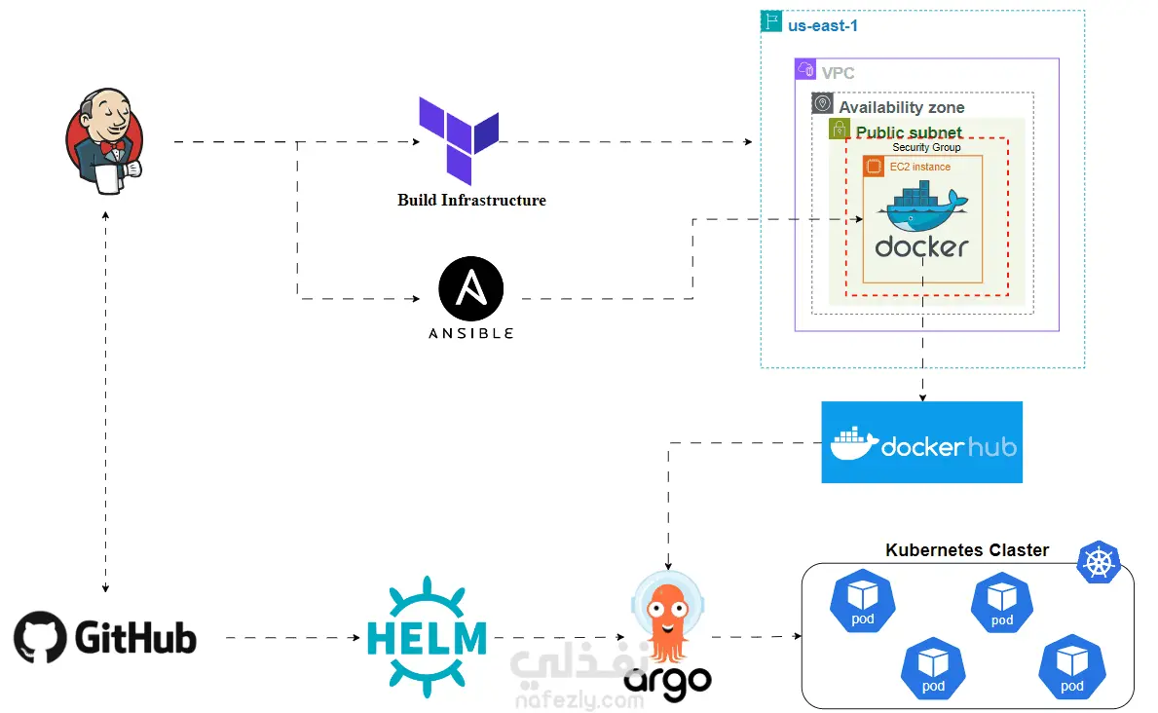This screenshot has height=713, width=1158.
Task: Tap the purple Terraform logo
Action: (x=459, y=138)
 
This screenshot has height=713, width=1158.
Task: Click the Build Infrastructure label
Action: (x=471, y=200)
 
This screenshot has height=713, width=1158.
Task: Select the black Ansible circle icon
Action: (x=471, y=289)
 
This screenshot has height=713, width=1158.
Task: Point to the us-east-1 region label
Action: (x=822, y=24)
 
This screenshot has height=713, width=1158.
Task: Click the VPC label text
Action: (x=838, y=73)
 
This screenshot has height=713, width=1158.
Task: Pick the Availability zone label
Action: (x=902, y=107)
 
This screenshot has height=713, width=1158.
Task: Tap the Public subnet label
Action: (x=909, y=132)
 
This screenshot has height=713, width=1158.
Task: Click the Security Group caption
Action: (x=926, y=148)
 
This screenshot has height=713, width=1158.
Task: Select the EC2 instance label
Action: (x=919, y=167)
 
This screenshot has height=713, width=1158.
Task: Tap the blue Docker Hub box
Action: (x=922, y=442)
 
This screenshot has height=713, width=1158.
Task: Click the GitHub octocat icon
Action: (x=39, y=638)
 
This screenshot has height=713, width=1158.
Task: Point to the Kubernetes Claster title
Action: (x=967, y=550)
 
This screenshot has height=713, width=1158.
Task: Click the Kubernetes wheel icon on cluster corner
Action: (x=1099, y=562)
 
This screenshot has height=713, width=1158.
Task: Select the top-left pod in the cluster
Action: (x=862, y=599)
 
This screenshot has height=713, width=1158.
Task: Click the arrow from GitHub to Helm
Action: (x=292, y=638)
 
